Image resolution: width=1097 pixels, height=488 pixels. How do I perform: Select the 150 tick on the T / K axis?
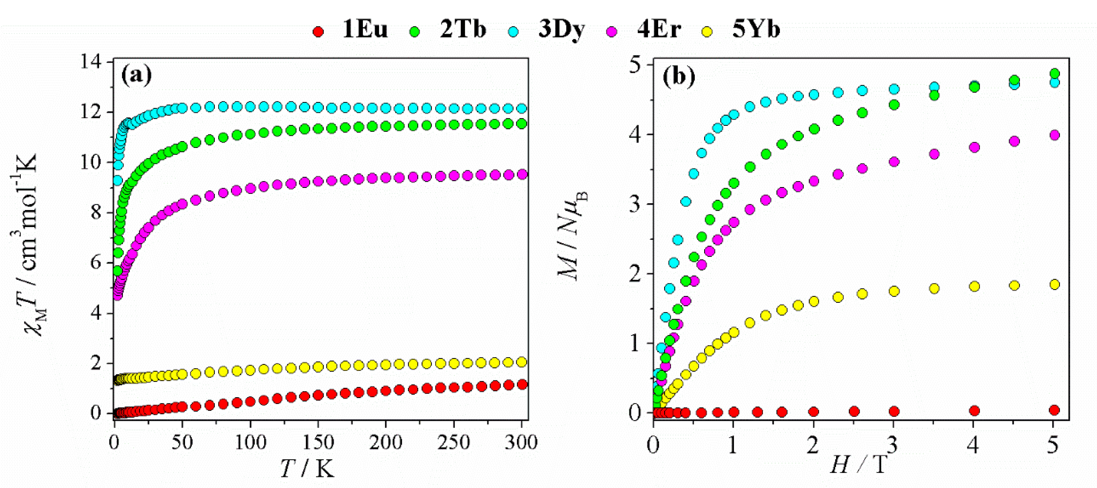click(x=318, y=442)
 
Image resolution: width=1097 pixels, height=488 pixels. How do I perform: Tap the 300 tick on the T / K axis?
click(x=521, y=442)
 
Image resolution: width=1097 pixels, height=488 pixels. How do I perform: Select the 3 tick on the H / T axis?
click(x=893, y=445)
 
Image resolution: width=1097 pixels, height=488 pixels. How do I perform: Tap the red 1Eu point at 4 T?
click(x=974, y=411)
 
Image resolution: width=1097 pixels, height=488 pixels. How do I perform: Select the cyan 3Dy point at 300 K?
click(x=521, y=108)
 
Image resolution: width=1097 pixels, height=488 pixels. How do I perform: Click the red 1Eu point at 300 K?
click(x=521, y=385)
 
